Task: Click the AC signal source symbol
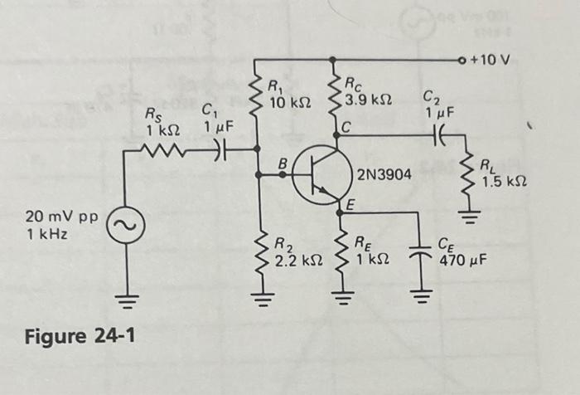(127, 223)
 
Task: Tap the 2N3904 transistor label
(385, 174)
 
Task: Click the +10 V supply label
(492, 60)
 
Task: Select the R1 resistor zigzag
(257, 94)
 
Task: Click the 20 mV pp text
(61, 217)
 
